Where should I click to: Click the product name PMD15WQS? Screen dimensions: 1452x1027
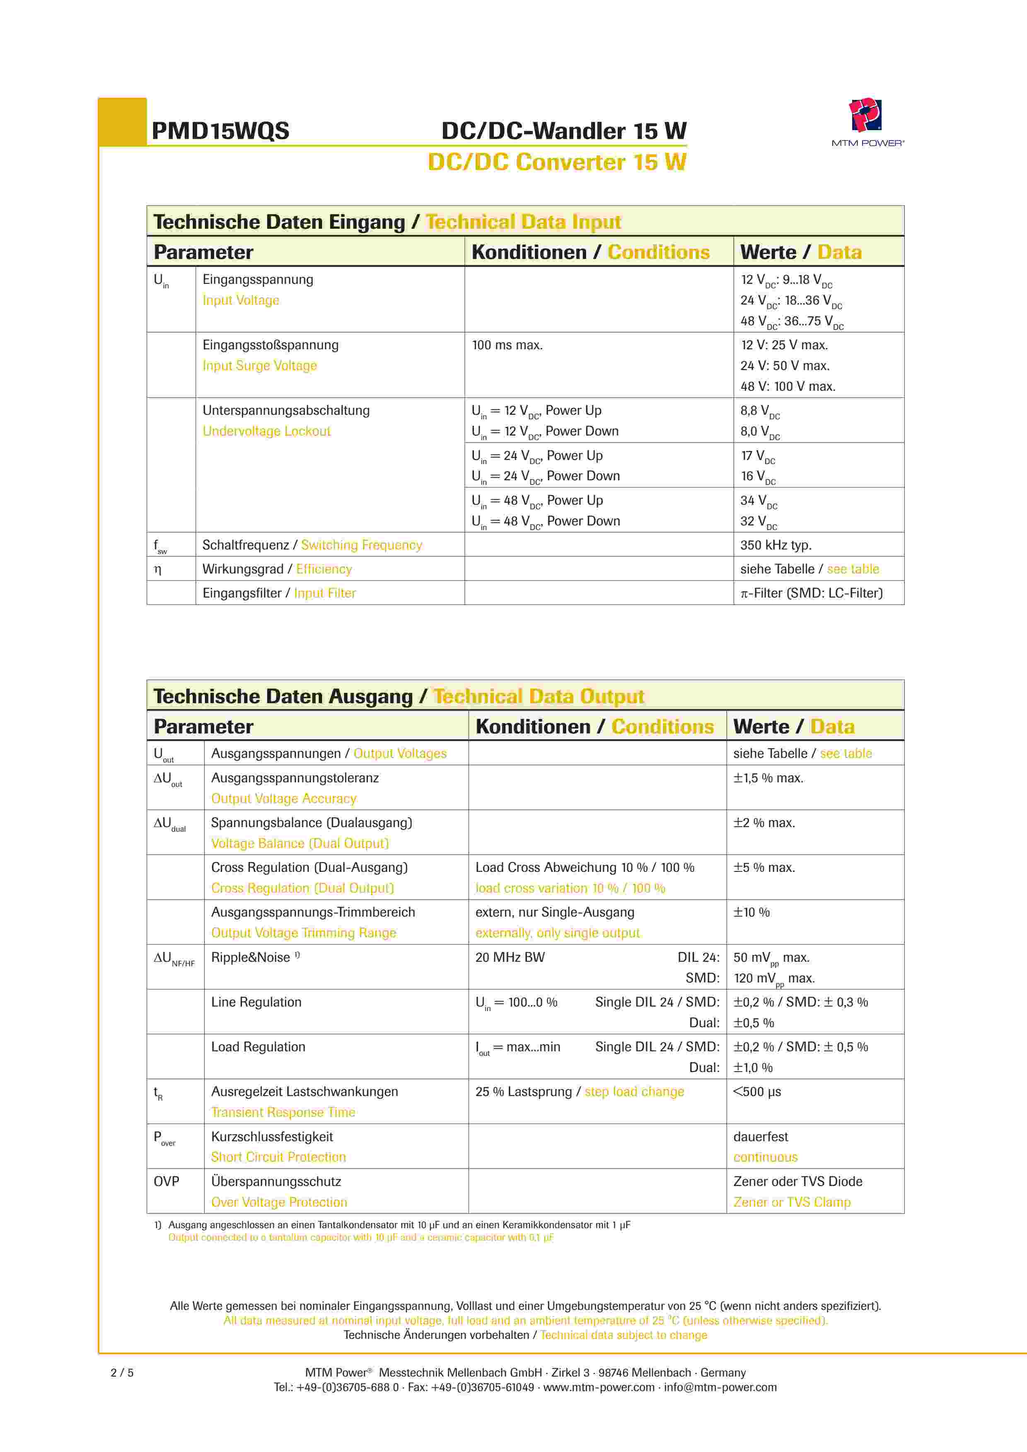(x=220, y=131)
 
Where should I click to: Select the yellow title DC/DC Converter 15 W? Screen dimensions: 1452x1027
(x=556, y=162)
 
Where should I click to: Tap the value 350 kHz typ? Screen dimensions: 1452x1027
(x=775, y=545)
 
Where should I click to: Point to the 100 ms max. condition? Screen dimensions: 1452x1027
(x=507, y=345)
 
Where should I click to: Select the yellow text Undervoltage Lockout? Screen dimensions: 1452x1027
(x=266, y=431)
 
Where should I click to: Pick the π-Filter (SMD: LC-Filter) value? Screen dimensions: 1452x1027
(x=811, y=593)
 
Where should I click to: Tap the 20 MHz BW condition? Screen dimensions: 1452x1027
(x=510, y=958)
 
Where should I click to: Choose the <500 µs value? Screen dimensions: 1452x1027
(x=757, y=1092)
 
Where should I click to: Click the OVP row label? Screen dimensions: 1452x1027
(x=166, y=1181)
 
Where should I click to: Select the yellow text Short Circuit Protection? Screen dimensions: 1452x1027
(x=278, y=1157)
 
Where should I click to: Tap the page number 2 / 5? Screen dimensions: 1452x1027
(x=122, y=1372)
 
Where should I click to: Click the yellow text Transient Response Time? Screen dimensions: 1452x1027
(x=283, y=1112)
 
